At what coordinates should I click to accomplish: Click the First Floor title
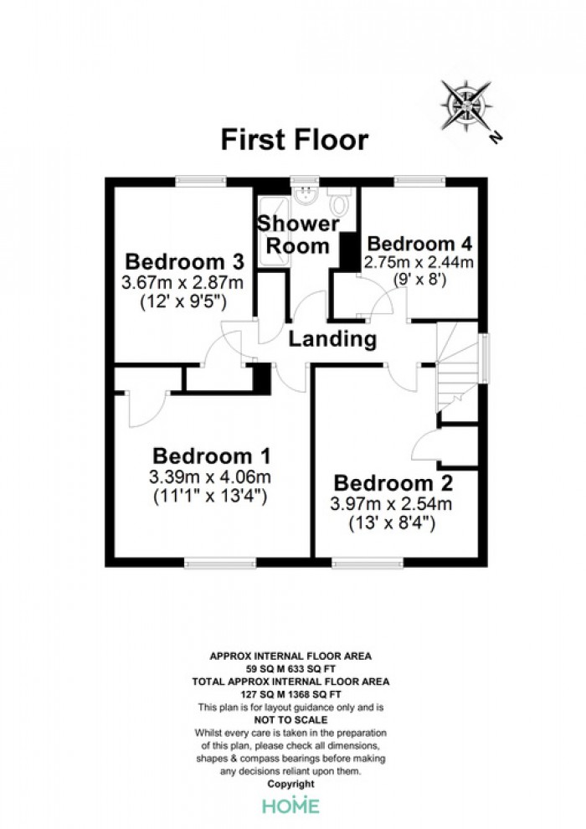pos(295,140)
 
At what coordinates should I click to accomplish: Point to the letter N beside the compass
pos(496,137)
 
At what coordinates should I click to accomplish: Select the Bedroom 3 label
pos(184,262)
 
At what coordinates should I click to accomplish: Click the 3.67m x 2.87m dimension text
pos(182,282)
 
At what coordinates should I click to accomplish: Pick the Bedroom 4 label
pos(419,244)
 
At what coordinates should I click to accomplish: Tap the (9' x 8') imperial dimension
pos(419,279)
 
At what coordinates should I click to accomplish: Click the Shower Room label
pos(298,234)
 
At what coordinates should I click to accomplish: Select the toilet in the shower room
pos(337,201)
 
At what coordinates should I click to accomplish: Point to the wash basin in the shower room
pos(305,196)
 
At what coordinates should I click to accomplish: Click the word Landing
pos(332,339)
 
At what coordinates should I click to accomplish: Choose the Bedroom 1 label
pos(211,456)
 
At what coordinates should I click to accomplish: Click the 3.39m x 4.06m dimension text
pos(210,477)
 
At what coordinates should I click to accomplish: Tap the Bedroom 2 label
pos(393,483)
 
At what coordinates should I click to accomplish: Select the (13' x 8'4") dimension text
pos(392,523)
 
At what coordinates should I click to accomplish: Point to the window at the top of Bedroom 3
pos(201,182)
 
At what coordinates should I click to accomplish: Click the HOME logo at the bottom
pos(291,806)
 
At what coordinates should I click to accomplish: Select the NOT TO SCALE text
pos(290,720)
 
